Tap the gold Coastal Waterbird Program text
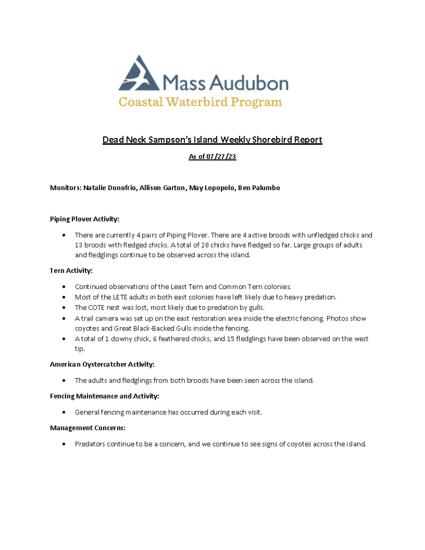pos(200,102)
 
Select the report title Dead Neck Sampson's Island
pos(212,140)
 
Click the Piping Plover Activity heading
pos(84,219)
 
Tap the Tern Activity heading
pos(71,271)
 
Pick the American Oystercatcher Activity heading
pos(102,365)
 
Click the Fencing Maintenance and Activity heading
pos(104,396)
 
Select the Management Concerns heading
pos(88,428)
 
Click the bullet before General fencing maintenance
pos(64,412)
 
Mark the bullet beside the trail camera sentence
pos(64,319)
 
